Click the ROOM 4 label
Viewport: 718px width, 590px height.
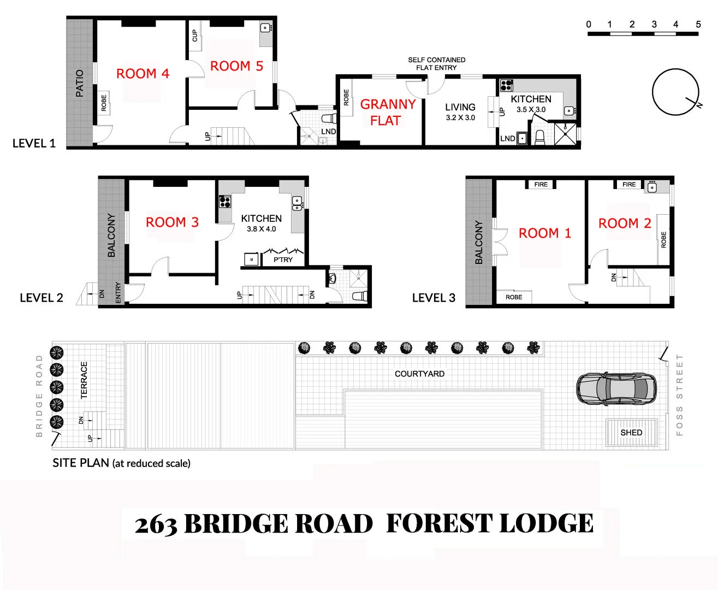143,74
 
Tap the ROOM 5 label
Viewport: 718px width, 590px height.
236,66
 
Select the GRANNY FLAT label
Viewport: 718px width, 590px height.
387,112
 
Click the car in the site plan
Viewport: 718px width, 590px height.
616,388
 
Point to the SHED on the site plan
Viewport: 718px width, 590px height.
631,432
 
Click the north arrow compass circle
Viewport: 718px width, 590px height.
675,92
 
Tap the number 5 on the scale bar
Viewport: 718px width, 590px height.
698,24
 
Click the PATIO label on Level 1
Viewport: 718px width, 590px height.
80,83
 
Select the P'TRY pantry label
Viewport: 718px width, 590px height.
283,259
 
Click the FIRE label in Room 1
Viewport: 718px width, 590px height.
541,185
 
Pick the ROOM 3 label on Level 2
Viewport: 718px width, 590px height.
172,222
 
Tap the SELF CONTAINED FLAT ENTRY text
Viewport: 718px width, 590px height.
436,63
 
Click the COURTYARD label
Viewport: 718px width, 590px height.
419,374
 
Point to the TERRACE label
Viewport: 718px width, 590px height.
84,380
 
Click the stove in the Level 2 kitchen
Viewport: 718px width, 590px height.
225,202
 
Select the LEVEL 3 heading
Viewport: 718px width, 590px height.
434,298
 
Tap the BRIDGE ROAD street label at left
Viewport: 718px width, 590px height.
39,396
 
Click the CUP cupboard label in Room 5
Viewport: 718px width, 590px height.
195,36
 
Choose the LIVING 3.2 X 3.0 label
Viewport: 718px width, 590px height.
460,111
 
